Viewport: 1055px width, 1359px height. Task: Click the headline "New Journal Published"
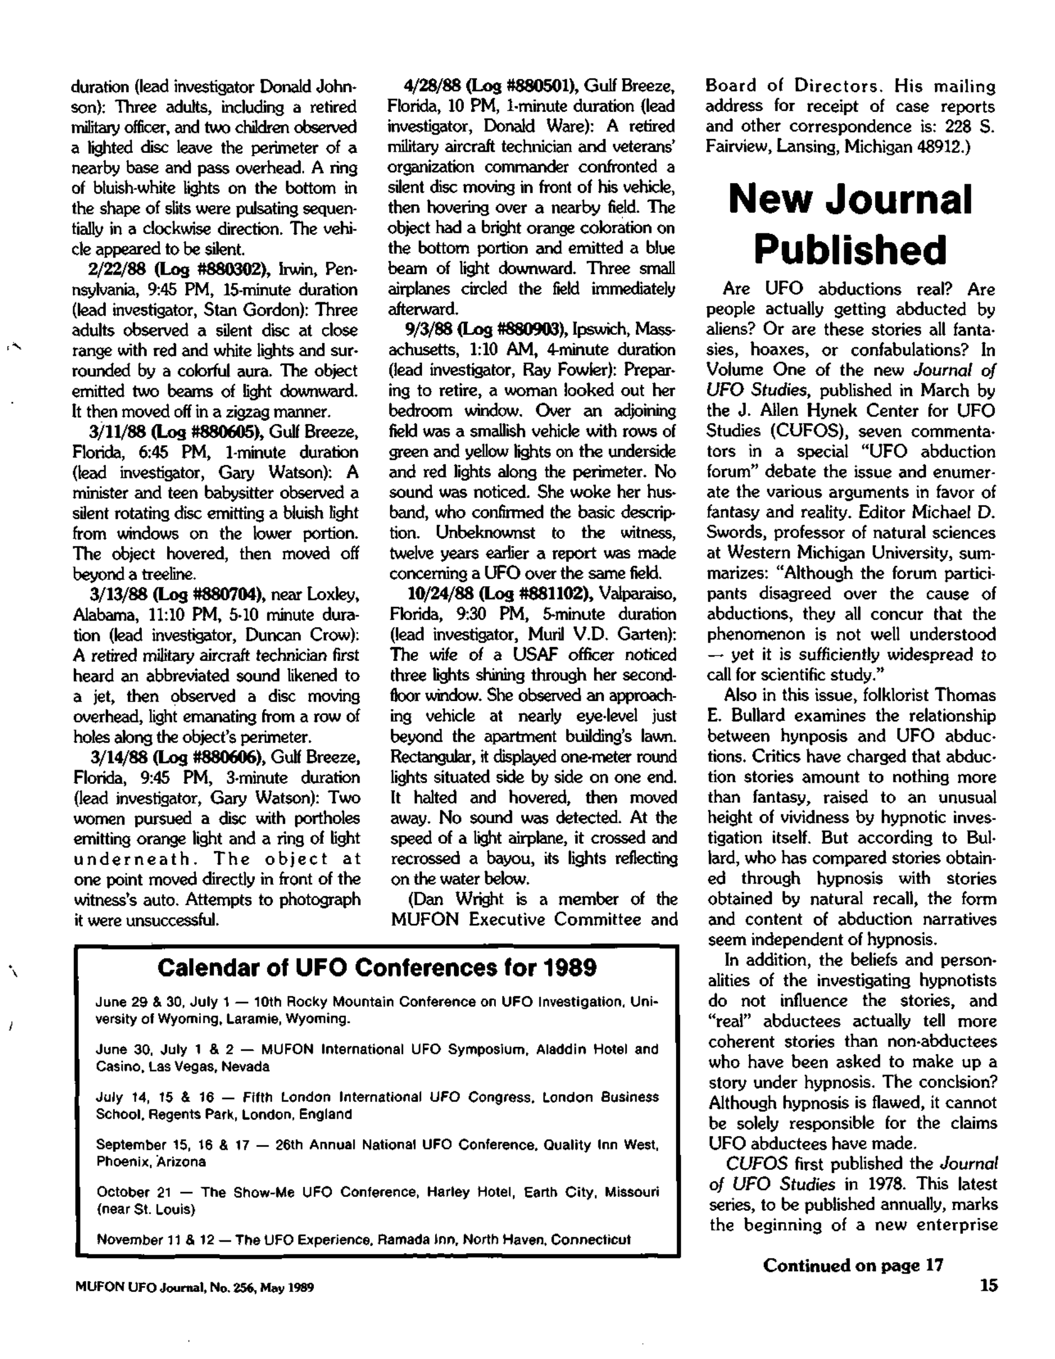tap(850, 224)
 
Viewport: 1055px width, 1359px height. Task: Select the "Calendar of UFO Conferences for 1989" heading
tap(377, 968)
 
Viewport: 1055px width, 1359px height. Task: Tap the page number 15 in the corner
tap(989, 1285)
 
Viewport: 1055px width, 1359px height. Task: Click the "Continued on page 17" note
tap(853, 1265)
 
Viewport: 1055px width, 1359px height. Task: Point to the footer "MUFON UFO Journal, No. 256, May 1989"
tap(194, 1288)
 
